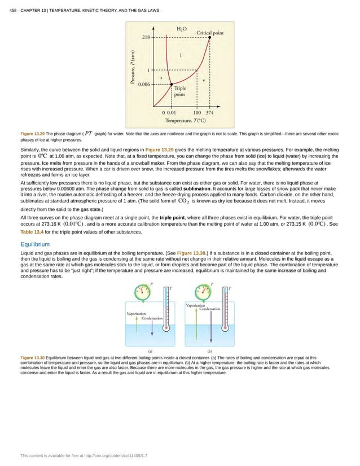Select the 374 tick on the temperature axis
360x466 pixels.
click(209, 112)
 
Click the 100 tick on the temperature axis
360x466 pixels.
click(196, 112)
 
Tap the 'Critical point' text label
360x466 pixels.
click(209, 32)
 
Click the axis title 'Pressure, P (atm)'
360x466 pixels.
click(134, 68)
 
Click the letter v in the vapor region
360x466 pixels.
click(203, 80)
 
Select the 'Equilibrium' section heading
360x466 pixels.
click(34, 244)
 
